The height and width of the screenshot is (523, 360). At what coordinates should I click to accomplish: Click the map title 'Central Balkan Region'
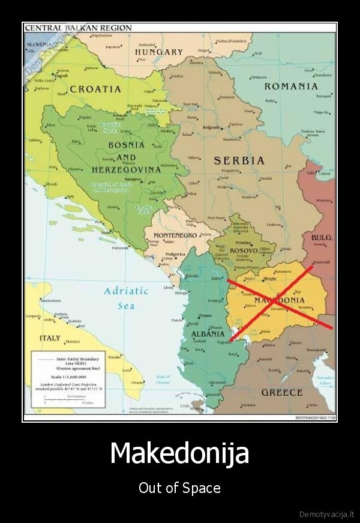(x=71, y=28)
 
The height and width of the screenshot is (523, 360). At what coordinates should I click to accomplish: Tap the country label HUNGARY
(x=158, y=52)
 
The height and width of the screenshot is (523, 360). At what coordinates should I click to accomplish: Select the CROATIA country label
(x=95, y=89)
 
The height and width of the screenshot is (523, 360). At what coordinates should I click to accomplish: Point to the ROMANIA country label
(x=291, y=86)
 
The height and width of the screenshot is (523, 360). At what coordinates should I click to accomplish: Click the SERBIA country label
(x=239, y=160)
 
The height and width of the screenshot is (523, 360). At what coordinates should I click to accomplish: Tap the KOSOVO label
(x=244, y=250)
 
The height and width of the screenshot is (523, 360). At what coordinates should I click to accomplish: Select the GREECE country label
(x=281, y=392)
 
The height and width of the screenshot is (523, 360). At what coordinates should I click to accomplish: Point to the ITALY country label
(x=50, y=338)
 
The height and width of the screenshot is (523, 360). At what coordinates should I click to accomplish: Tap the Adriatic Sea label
(x=126, y=298)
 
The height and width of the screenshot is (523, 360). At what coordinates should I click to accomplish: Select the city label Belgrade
(x=211, y=127)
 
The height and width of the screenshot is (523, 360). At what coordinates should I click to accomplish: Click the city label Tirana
(x=205, y=315)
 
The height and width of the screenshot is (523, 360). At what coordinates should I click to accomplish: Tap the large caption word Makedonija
(x=179, y=453)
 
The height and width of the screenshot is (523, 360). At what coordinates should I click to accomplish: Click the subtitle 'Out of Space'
(x=179, y=488)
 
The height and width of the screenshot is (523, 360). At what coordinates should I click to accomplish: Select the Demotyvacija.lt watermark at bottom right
(x=327, y=514)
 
